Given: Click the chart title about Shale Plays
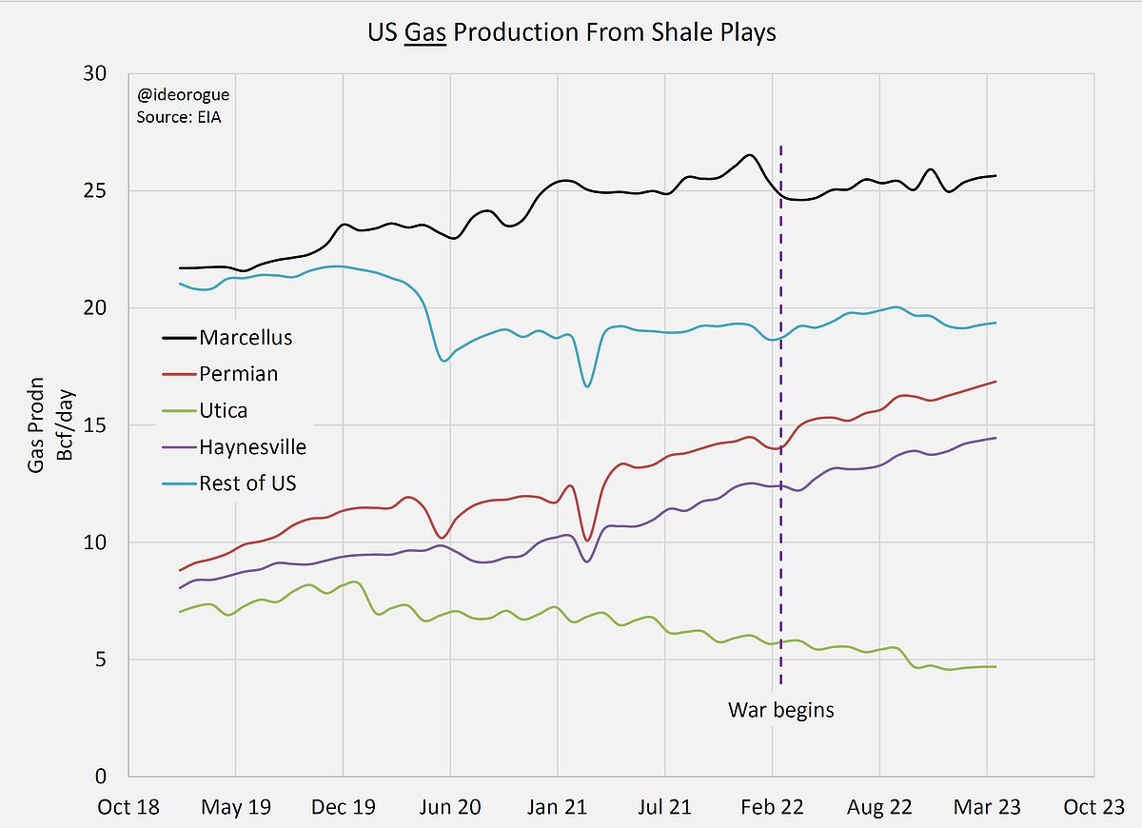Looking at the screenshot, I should pyautogui.click(x=572, y=32).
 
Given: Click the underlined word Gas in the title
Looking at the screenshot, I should pyautogui.click(x=425, y=32).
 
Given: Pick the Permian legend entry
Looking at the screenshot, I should pyautogui.click(x=238, y=373).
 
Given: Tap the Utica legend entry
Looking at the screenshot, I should pyautogui.click(x=225, y=410).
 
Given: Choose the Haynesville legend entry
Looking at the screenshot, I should pyautogui.click(x=252, y=446).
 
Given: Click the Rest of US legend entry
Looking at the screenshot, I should pyautogui.click(x=247, y=483).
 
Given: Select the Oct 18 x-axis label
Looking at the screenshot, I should pyautogui.click(x=128, y=807).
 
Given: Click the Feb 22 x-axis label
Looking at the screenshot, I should pyautogui.click(x=772, y=807).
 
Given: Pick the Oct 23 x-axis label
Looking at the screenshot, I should pyautogui.click(x=1094, y=807).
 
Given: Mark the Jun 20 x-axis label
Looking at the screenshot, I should pyautogui.click(x=449, y=807).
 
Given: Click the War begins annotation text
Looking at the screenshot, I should pyautogui.click(x=780, y=709).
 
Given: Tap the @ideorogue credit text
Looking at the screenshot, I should pyautogui.click(x=183, y=95).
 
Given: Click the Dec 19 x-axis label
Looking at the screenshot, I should pyautogui.click(x=343, y=807).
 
